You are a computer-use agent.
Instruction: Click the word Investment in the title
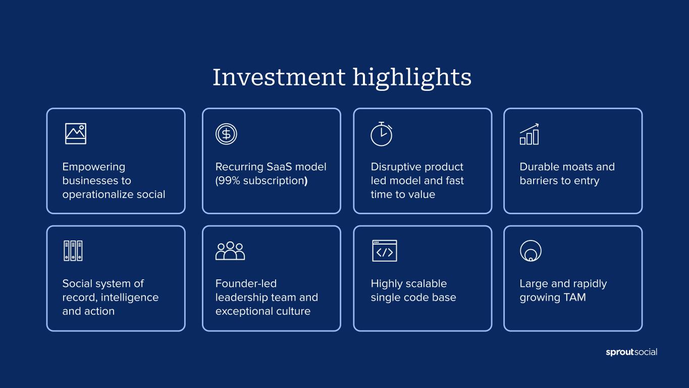pos(279,77)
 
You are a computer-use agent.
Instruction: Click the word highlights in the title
pos(412,78)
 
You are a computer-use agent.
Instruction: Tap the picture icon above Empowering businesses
pos(76,134)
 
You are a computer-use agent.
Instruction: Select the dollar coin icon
pos(226,134)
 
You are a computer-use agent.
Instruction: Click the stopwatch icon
pos(382,134)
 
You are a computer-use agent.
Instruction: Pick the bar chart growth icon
pos(529,134)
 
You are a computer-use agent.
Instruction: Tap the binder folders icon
pos(73,251)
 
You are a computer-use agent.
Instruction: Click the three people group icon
pos(230,251)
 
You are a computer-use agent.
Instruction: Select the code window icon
pos(385,251)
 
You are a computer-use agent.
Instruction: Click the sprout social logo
pos(631,352)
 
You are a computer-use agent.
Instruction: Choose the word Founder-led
pos(246,283)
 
